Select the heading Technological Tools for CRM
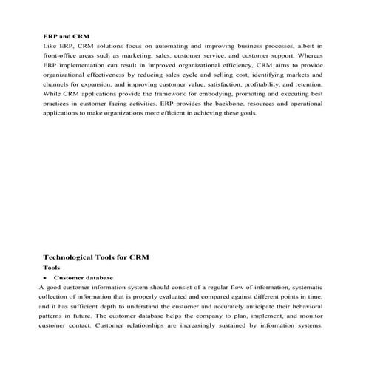click(96, 257)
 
